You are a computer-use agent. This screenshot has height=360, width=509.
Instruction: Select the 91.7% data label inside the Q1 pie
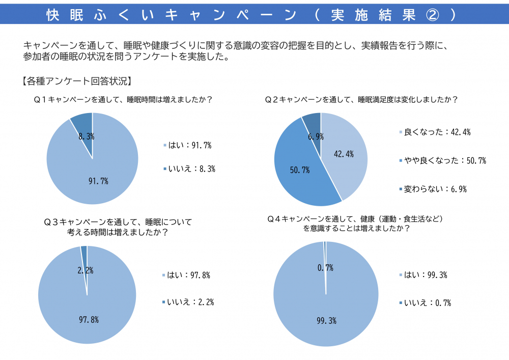tap(98, 181)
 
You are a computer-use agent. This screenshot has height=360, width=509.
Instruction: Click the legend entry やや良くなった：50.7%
tap(442, 161)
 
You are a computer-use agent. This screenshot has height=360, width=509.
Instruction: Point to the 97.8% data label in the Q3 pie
tap(89, 319)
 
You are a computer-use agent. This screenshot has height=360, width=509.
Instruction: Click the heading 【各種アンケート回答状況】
tap(76, 80)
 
